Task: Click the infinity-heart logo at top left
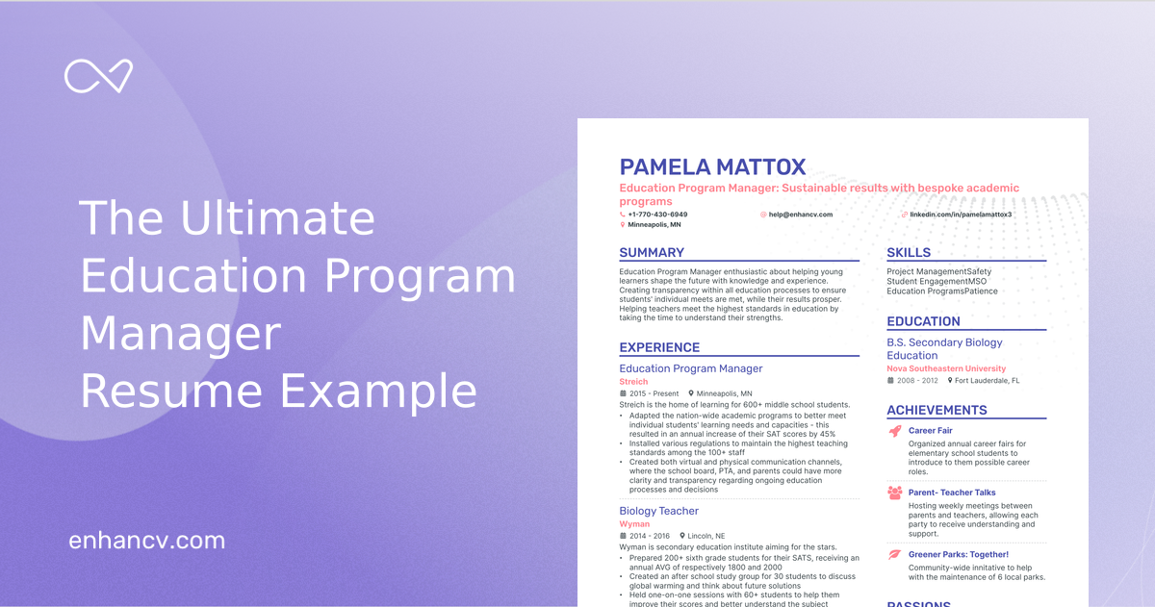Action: [98, 76]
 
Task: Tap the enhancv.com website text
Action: [146, 540]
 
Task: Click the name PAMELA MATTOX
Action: [712, 167]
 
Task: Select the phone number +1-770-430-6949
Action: [657, 215]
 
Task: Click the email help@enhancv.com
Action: [800, 215]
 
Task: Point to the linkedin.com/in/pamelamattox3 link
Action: [961, 215]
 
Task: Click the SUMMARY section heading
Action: [652, 253]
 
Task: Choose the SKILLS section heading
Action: [909, 253]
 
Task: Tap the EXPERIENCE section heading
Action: [659, 347]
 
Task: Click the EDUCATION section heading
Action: [923, 321]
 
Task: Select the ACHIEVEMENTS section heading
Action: [937, 410]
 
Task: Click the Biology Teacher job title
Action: [658, 511]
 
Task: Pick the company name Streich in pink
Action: [633, 382]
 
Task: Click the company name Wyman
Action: [633, 524]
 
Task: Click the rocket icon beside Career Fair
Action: [894, 431]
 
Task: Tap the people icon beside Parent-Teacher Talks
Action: [894, 493]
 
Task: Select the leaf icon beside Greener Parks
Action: [894, 554]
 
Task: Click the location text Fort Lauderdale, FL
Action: [988, 381]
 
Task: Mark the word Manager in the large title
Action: [180, 335]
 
